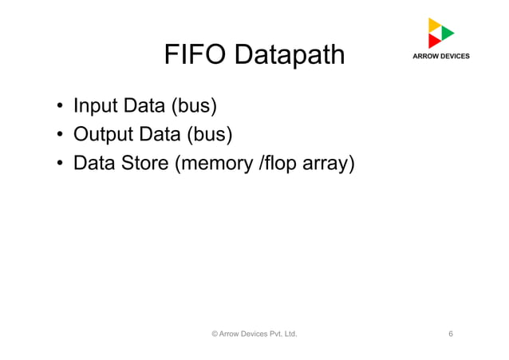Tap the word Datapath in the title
(x=290, y=55)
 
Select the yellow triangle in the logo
(x=434, y=25)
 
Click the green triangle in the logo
(x=448, y=33)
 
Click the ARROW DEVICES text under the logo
(x=440, y=56)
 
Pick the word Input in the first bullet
(x=93, y=106)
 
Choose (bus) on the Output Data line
(x=204, y=135)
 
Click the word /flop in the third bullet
(x=279, y=164)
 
